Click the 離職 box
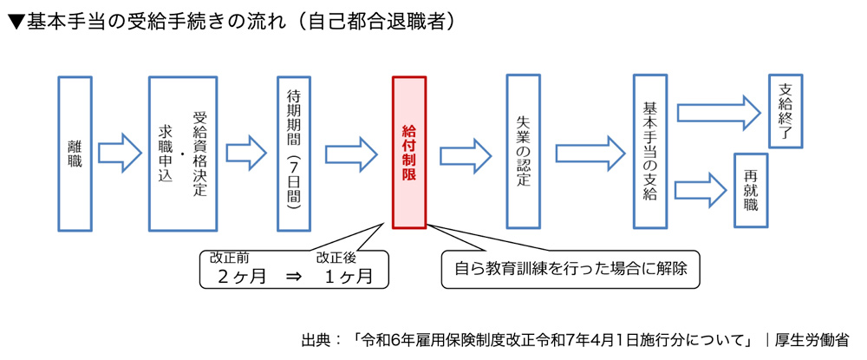pyautogui.click(x=75, y=154)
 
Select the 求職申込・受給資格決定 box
pyautogui.click(x=182, y=154)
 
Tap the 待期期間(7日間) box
pyautogui.click(x=294, y=154)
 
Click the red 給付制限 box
pyautogui.click(x=409, y=152)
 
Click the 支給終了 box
pyautogui.click(x=786, y=110)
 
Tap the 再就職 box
pyautogui.click(x=751, y=190)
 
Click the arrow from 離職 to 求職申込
pyautogui.click(x=120, y=154)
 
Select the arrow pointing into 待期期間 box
pyautogui.click(x=246, y=154)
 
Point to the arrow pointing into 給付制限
pyautogui.click(x=352, y=154)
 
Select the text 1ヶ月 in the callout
pyautogui.click(x=348, y=278)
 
